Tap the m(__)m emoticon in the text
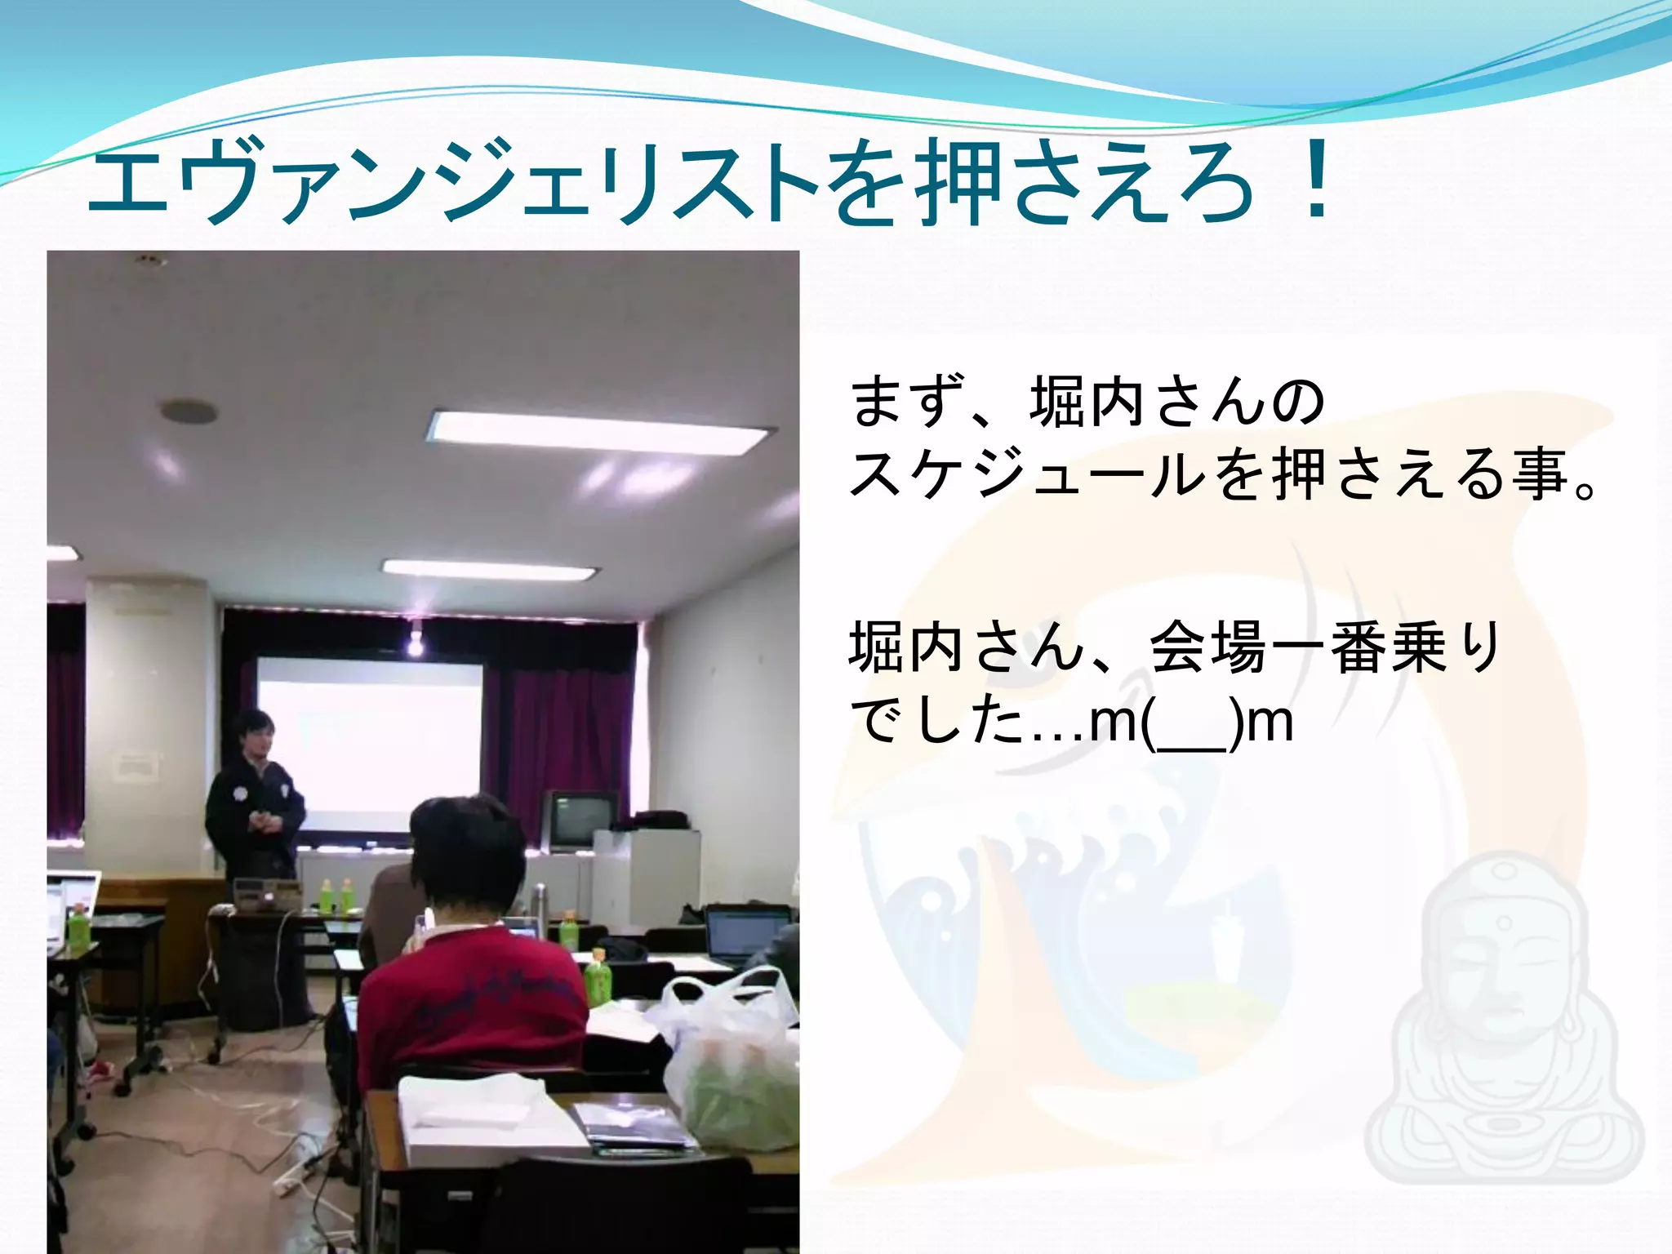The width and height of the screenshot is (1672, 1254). pos(1192,722)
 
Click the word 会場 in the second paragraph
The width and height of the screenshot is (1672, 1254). pos(1208,648)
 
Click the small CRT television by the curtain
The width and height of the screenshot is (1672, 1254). pos(581,819)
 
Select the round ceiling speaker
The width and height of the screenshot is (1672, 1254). pos(189,411)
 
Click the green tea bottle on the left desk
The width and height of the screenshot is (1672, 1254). pos(78,927)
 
